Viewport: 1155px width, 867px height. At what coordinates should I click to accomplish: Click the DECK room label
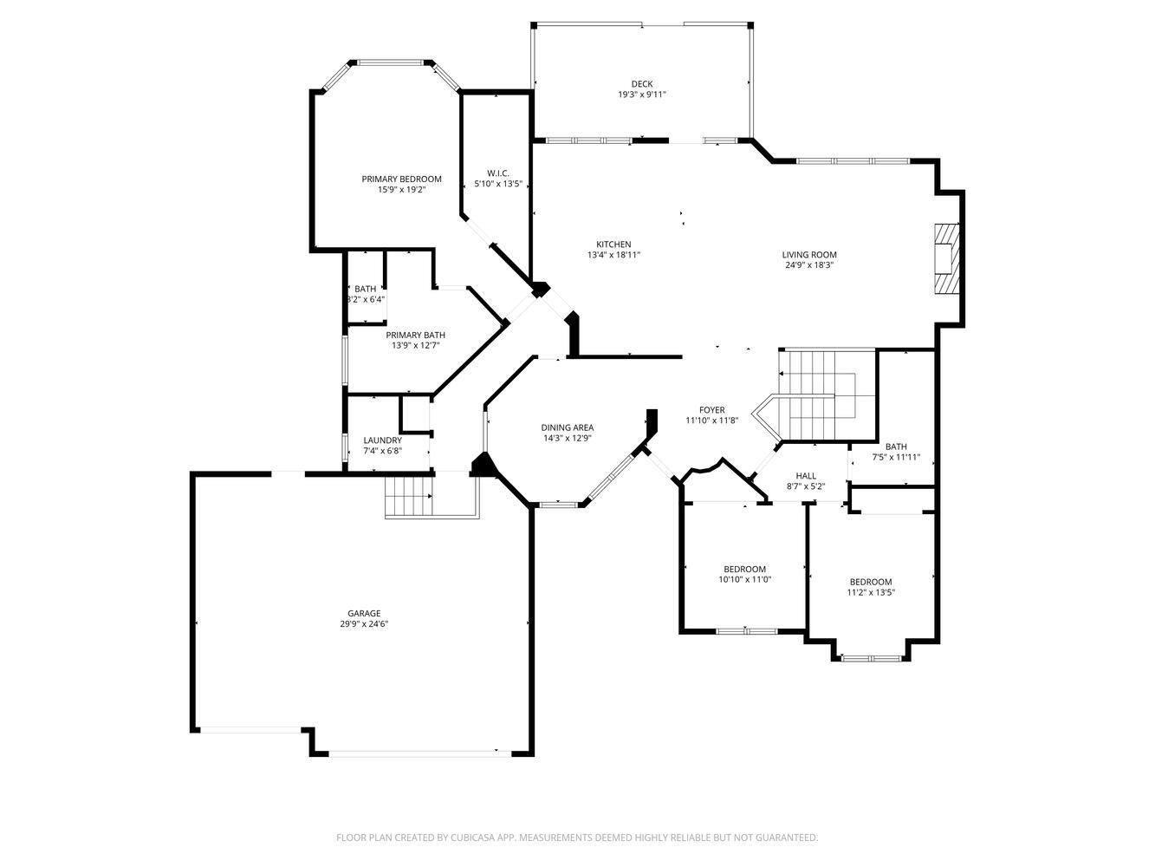pos(641,84)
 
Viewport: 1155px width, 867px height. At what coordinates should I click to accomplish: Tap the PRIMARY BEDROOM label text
pos(401,179)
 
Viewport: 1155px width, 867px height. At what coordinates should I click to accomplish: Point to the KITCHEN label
pos(613,244)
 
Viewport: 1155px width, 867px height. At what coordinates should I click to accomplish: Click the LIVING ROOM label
pos(809,255)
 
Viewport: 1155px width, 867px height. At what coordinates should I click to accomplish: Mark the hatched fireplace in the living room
pos(947,259)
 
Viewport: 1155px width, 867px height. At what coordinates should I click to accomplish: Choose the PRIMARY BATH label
pos(415,335)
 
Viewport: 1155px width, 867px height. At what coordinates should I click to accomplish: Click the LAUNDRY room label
pos(382,440)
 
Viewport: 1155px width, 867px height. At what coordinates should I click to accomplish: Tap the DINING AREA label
pos(568,427)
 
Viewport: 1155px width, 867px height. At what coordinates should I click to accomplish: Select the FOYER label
pos(711,410)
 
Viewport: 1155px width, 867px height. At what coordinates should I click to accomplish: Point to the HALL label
pos(806,476)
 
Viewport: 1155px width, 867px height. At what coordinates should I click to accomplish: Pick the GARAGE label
pos(364,614)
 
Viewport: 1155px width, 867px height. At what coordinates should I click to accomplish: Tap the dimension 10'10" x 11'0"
pos(744,580)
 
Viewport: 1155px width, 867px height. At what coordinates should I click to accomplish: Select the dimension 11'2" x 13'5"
pos(870,593)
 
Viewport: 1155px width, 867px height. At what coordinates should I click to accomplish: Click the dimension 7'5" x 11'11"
pos(896,458)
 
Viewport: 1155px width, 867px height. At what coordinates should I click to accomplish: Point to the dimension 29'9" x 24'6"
pos(364,624)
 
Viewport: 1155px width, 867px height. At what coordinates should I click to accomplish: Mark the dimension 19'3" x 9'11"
pos(641,95)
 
